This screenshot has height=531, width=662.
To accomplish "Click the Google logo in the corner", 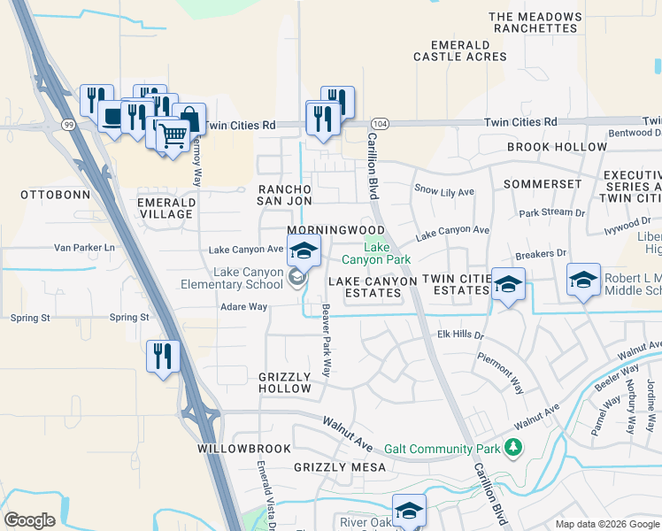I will (29, 520).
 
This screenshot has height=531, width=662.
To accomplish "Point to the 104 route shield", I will (379, 123).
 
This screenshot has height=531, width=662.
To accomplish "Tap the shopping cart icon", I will (174, 135).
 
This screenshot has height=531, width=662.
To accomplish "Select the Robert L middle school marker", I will (584, 281).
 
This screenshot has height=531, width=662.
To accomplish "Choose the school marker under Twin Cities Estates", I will (508, 286).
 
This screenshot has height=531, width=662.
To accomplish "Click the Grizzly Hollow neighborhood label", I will (285, 382).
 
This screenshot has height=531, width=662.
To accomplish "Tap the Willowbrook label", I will (233, 449).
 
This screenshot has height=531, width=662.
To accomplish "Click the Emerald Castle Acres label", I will (460, 50).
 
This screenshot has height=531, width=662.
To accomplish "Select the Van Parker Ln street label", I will (85, 248).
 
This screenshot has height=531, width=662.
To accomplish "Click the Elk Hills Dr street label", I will (461, 335).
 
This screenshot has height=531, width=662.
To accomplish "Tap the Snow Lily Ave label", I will (444, 190).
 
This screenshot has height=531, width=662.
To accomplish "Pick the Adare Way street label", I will (244, 307).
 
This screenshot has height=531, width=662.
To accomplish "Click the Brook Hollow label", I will (558, 147).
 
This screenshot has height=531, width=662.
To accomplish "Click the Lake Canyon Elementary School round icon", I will (296, 280).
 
